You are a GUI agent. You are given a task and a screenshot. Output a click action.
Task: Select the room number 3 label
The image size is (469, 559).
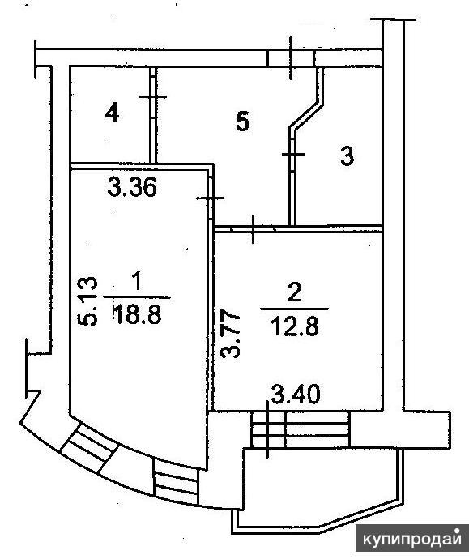click(347, 156)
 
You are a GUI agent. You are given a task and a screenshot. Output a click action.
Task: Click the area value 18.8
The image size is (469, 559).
click(138, 315)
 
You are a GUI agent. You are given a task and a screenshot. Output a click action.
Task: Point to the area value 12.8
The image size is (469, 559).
click(294, 326)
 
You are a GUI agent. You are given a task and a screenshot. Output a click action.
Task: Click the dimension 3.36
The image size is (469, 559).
click(132, 187)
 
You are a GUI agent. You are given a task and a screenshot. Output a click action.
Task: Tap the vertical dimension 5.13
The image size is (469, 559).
click(87, 301)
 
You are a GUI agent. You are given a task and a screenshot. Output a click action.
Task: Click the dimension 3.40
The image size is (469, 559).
click(296, 395)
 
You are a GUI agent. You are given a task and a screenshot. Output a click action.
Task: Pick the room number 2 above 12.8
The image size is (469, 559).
click(294, 292)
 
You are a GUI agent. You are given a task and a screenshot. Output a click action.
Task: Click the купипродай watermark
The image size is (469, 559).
click(412, 540)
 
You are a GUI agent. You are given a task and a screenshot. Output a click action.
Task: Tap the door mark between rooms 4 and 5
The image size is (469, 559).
click(153, 96)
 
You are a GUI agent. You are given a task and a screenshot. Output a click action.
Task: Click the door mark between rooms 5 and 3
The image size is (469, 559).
click(293, 154)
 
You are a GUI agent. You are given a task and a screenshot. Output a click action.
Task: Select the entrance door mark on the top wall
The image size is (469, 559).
click(291, 58)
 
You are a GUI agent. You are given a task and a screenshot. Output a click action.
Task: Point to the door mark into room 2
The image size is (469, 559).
click(253, 229)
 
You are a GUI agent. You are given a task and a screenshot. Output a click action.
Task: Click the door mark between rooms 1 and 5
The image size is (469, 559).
click(211, 198)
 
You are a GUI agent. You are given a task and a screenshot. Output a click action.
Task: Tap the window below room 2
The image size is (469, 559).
click(300, 429)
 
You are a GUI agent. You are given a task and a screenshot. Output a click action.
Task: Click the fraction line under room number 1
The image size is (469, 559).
click(137, 297)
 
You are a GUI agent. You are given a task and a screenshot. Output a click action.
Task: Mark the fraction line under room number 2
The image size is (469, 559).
click(294, 309)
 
